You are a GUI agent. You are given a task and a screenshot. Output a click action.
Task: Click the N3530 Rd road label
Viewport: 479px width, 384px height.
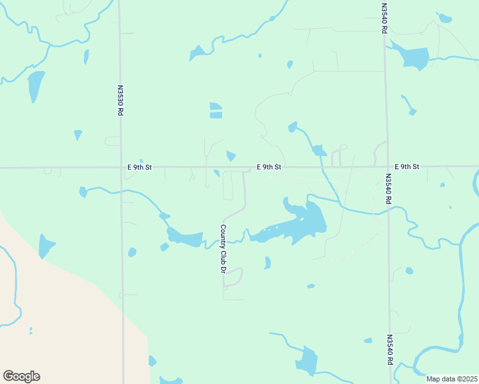point(120,100)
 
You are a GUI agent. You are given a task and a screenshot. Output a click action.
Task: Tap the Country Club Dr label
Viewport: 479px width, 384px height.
point(223,249)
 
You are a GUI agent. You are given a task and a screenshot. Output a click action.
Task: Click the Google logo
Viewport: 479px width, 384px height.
point(21,376)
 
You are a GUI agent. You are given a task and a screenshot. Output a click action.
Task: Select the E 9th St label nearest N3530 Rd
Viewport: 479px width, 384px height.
point(140,167)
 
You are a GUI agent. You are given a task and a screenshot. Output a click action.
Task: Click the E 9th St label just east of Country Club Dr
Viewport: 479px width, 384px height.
point(269,167)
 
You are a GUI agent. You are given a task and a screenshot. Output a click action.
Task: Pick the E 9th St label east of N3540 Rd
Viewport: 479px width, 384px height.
point(407,166)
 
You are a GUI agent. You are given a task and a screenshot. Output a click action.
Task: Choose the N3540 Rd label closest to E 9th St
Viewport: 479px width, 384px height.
point(388,189)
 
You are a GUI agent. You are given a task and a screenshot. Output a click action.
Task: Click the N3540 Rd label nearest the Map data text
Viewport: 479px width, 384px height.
point(389,349)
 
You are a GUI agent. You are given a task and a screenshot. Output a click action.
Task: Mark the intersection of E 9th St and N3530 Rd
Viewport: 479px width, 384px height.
point(121,168)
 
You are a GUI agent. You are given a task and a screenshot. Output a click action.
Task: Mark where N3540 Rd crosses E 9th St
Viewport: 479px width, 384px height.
point(386,167)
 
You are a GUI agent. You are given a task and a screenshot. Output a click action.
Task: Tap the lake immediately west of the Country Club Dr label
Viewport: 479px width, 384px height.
point(184,238)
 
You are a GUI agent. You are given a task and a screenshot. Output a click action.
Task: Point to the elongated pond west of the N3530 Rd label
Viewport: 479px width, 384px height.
point(35,86)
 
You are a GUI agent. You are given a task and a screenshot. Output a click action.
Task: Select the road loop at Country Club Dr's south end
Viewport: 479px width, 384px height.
point(233,277)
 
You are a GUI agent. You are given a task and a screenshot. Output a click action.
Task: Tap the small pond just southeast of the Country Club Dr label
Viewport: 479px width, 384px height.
point(268,262)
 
